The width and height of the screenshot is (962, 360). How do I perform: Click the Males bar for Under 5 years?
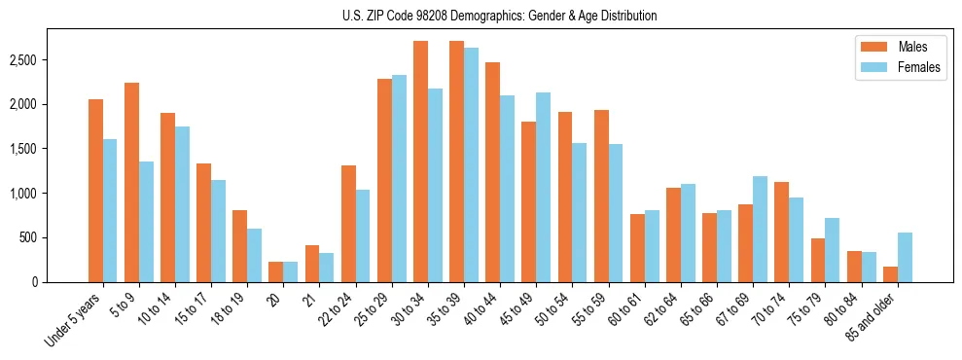pos(95,191)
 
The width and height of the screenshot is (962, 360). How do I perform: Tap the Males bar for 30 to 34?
pos(420,162)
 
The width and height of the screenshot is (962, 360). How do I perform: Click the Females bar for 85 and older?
pos(905,258)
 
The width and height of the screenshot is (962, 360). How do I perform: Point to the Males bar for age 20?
pos(276,272)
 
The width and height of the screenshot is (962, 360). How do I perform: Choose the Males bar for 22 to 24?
pos(348,224)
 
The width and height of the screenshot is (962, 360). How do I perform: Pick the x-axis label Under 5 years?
pos(74,321)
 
